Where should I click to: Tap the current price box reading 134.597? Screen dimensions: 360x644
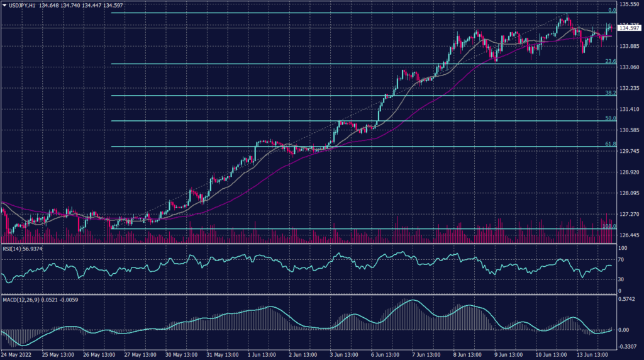click(630, 28)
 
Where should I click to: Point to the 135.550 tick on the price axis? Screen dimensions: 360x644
click(630, 4)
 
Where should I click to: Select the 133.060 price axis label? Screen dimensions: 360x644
click(630, 67)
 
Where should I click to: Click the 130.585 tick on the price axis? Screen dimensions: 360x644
click(630, 130)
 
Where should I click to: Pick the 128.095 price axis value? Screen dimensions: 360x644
click(630, 193)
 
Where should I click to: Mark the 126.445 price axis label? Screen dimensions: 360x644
click(630, 235)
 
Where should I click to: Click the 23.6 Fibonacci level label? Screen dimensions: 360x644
click(609, 61)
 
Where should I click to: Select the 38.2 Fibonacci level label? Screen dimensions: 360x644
click(609, 93)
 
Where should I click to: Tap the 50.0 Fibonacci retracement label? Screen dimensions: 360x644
click(609, 118)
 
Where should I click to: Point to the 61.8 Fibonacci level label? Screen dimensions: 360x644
click(609, 143)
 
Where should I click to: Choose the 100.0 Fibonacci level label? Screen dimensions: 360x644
click(608, 226)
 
